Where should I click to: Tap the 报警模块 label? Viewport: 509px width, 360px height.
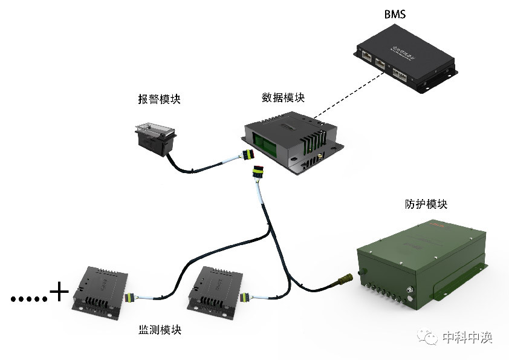(x=159, y=100)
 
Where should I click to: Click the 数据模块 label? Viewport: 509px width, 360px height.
(x=283, y=97)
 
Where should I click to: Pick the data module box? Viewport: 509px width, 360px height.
(x=294, y=139)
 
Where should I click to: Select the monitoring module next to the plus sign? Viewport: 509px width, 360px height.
(x=100, y=293)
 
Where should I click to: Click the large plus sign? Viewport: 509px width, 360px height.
(x=59, y=293)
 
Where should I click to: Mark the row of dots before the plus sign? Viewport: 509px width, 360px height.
(x=28, y=298)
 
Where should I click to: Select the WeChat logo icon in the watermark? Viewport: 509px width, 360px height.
(x=430, y=337)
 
